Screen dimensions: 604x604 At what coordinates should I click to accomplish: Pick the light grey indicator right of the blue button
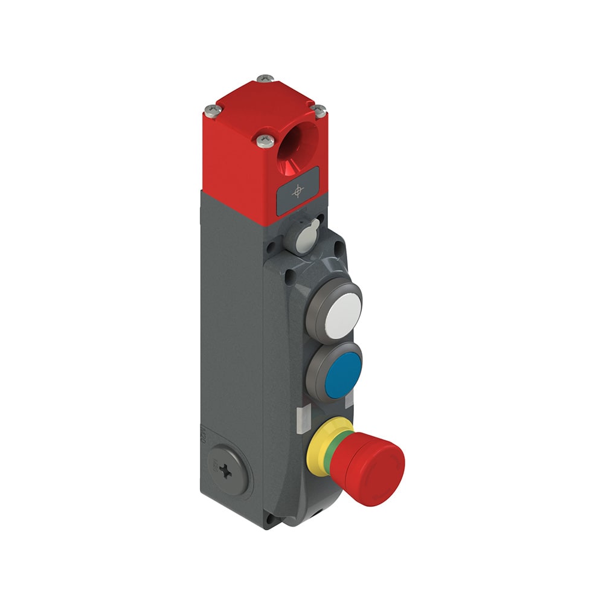pos(348,401)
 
